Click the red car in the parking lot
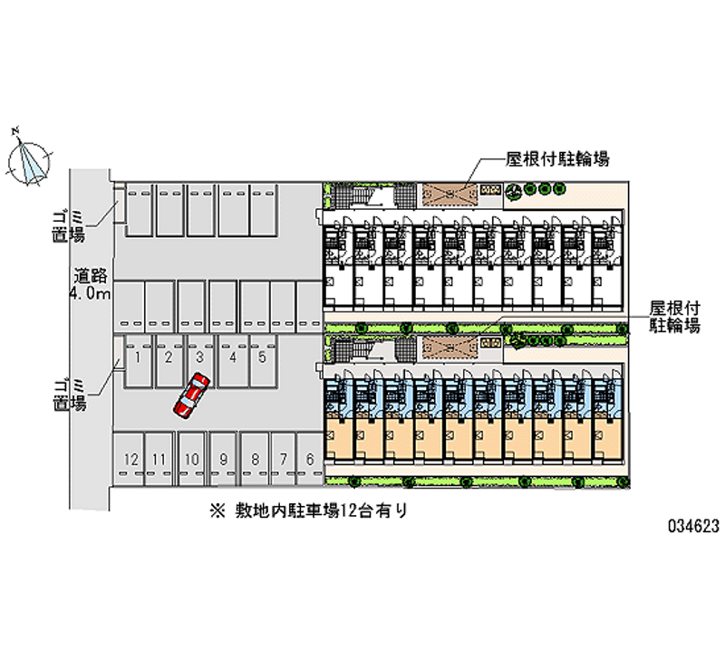tap(191, 396)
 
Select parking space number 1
tap(138, 361)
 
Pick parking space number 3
tap(200, 361)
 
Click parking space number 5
tap(263, 361)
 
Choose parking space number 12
tap(129, 459)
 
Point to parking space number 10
tap(192, 459)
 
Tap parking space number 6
tap(310, 459)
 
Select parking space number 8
tap(255, 459)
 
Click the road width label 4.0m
tap(90, 292)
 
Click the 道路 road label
tap(91, 276)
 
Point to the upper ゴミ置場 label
tap(69, 226)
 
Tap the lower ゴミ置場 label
tap(70, 396)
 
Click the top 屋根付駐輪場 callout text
tap(557, 159)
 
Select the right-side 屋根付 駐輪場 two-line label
tap(674, 317)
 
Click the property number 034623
tap(693, 526)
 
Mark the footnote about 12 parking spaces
tap(308, 511)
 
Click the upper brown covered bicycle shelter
tap(449, 195)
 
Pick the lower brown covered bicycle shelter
tap(449, 348)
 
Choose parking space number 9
tap(223, 459)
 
